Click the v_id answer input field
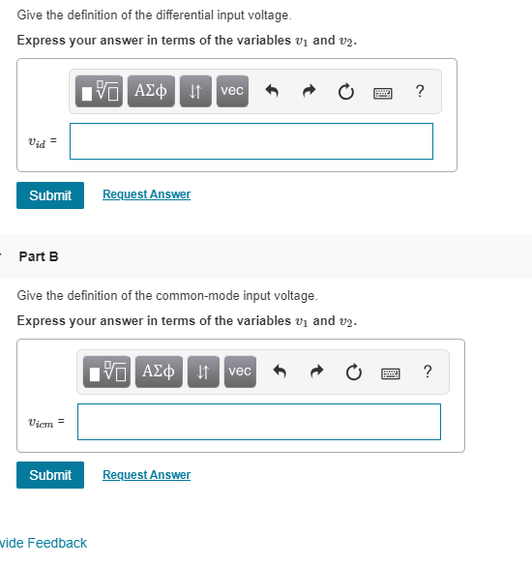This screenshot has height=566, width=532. pyautogui.click(x=251, y=141)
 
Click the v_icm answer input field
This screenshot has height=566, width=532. pyautogui.click(x=258, y=422)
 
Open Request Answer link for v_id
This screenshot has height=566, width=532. pyautogui.click(x=146, y=194)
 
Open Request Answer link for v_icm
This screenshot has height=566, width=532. pyautogui.click(x=146, y=475)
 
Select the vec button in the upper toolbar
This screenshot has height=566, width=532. pyautogui.click(x=232, y=91)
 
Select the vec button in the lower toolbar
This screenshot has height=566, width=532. pyautogui.click(x=240, y=372)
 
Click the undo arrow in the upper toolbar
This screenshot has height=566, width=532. pyautogui.click(x=272, y=92)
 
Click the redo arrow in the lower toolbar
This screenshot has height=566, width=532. pyautogui.click(x=316, y=372)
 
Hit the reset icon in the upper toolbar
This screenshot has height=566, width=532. pyautogui.click(x=345, y=92)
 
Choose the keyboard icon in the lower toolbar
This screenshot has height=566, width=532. pyautogui.click(x=390, y=372)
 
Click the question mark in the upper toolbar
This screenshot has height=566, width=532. pyautogui.click(x=419, y=92)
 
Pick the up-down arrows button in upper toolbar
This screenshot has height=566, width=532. pyautogui.click(x=196, y=91)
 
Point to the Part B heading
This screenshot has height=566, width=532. pyautogui.click(x=39, y=256)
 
